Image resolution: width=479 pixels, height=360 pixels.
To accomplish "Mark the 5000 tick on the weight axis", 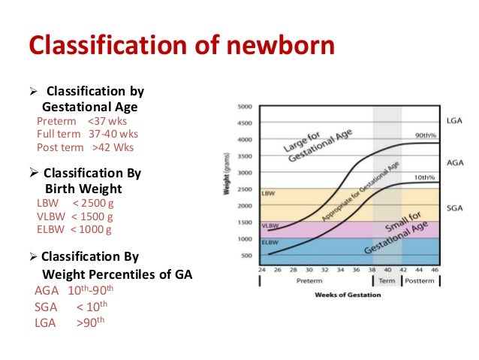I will [245, 107].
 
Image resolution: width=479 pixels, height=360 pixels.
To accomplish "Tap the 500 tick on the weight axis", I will [247, 255].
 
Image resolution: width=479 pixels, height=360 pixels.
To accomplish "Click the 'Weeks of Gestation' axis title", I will [348, 294].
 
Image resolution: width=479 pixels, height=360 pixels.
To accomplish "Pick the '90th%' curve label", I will [426, 135].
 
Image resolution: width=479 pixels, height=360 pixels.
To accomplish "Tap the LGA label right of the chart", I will [454, 120].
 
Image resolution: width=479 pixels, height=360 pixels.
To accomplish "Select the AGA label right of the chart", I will [454, 162].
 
